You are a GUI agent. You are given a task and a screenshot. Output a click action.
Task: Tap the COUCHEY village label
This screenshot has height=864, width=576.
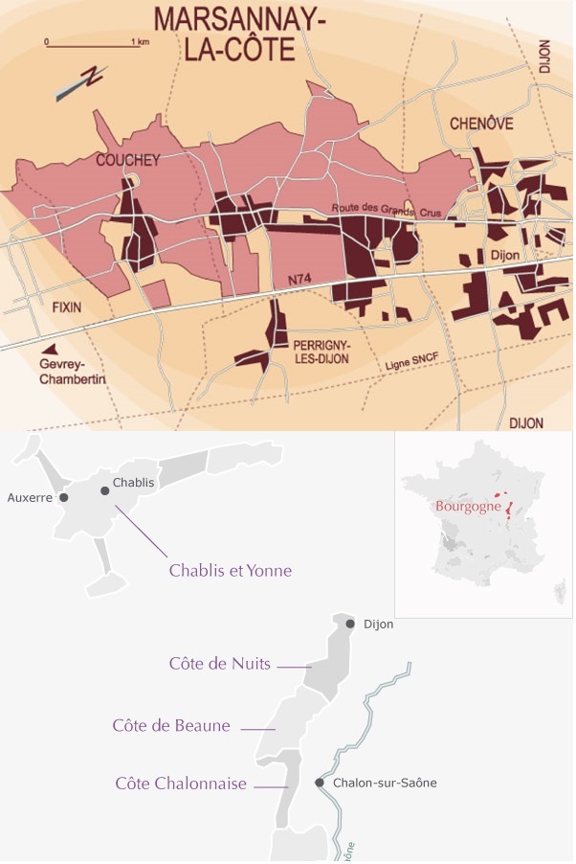(x=127, y=160)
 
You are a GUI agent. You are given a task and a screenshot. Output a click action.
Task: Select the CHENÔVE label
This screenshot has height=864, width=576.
(x=481, y=124)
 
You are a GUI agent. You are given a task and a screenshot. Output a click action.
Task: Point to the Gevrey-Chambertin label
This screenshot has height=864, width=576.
(x=73, y=372)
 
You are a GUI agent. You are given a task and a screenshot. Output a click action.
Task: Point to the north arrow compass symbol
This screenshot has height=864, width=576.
(x=81, y=82)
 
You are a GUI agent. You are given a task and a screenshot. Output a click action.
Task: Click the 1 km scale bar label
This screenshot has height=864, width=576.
(x=141, y=42)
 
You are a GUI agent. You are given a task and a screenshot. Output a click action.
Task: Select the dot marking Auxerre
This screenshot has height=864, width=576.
(x=63, y=498)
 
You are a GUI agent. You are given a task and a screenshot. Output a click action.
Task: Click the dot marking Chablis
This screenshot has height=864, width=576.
(x=105, y=489)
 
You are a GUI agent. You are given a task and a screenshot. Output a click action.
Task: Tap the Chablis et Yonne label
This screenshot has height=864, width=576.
(x=230, y=571)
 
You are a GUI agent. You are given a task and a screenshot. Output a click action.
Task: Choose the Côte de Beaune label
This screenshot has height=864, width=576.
(x=171, y=725)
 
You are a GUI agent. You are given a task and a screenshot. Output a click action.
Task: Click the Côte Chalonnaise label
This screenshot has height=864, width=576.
(x=181, y=784)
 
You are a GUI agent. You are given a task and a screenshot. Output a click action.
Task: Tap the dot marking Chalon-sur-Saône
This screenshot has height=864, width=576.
(x=321, y=783)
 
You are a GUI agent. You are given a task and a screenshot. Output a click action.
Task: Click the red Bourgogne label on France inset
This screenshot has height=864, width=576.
(x=468, y=507)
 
